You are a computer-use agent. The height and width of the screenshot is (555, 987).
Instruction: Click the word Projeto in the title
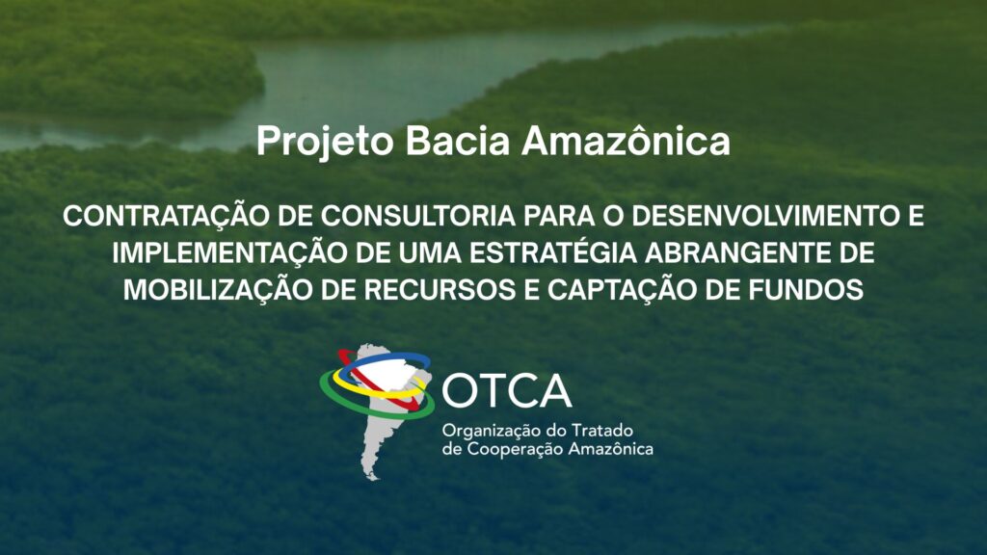pyautogui.click(x=325, y=143)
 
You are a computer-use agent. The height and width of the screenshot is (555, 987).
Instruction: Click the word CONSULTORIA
pyautogui.click(x=418, y=217)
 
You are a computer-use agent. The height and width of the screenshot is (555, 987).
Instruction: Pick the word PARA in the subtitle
pyautogui.click(x=560, y=217)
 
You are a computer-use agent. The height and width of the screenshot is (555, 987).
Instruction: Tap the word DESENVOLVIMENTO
pyautogui.click(x=764, y=217)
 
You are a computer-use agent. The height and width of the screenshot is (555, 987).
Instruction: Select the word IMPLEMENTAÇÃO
pyautogui.click(x=229, y=253)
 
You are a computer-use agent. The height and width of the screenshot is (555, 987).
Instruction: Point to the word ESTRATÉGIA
pyautogui.click(x=553, y=251)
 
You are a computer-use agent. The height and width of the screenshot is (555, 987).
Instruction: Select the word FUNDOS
pyautogui.click(x=806, y=290)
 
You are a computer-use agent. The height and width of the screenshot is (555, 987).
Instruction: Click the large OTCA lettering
pyautogui.click(x=507, y=391)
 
